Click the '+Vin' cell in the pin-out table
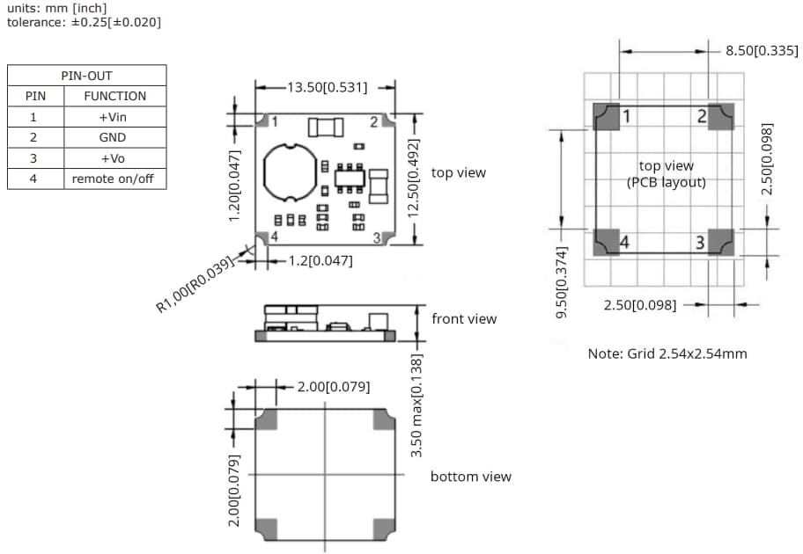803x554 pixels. tap(113, 117)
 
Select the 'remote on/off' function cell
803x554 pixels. tap(113, 179)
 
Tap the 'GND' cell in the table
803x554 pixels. tap(113, 137)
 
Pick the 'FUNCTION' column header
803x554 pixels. tap(114, 96)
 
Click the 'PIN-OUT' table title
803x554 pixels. tap(86, 76)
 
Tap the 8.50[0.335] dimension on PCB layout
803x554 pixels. tap(762, 50)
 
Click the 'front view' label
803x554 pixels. tap(464, 318)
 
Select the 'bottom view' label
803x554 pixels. tap(470, 477)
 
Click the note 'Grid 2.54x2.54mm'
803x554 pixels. tap(667, 354)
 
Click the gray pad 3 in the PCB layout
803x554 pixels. tap(720, 242)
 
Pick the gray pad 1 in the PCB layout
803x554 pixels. tap(608, 117)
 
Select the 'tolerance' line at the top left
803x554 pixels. tap(85, 21)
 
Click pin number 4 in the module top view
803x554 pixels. tap(275, 237)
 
